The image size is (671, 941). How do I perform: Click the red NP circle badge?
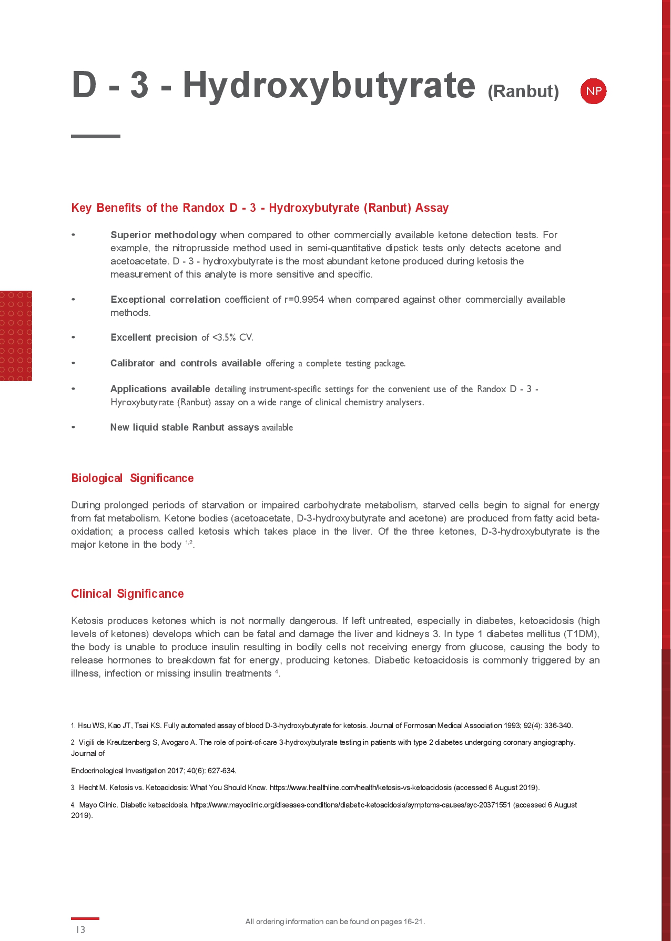(593, 91)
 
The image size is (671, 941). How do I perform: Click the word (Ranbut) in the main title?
(523, 91)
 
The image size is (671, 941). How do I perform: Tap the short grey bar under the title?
(96, 136)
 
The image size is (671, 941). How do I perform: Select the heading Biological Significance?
(133, 478)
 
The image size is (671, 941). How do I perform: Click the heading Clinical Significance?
(127, 594)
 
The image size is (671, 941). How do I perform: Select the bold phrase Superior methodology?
(164, 235)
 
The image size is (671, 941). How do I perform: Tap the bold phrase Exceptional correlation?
(165, 300)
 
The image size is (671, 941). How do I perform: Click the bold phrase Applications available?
(160, 389)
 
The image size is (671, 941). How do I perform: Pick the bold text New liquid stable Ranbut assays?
(185, 427)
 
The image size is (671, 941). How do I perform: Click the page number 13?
(80, 929)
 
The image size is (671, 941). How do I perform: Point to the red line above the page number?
(85, 918)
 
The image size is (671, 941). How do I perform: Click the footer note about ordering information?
(335, 922)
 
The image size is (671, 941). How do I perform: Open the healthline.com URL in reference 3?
(360, 787)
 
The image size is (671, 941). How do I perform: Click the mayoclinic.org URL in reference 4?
(350, 805)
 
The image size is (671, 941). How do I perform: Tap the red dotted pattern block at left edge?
(16, 335)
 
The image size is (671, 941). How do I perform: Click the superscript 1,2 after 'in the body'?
(189, 543)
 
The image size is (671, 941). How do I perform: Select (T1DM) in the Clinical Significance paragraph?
(582, 634)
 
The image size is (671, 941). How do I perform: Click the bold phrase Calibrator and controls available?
(186, 363)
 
